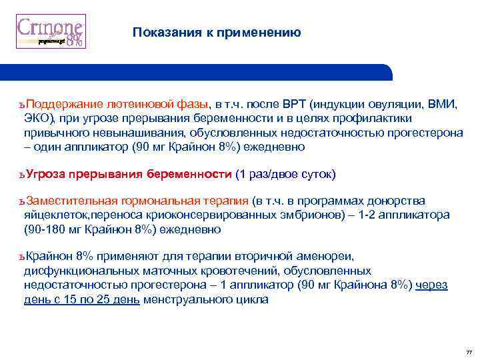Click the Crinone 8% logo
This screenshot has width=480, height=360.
tap(51, 31)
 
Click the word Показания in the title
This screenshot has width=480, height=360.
tap(162, 32)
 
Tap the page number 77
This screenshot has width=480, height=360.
tap(469, 351)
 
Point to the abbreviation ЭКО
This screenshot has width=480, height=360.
tap(36, 118)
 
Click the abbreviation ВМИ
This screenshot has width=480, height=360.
tap(443, 104)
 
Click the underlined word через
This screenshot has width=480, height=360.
tap(431, 285)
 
